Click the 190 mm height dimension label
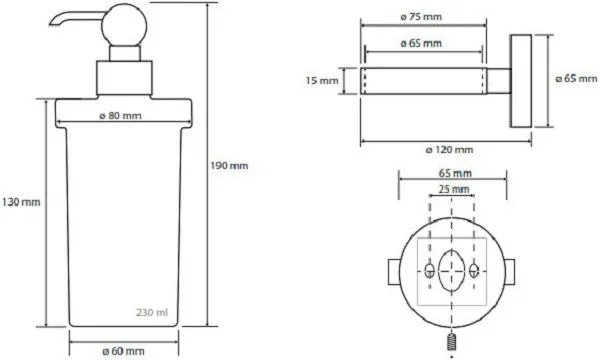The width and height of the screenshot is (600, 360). [229, 166]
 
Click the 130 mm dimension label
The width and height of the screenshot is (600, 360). [21, 202]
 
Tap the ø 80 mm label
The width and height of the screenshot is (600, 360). [120, 116]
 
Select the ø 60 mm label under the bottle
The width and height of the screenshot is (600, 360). [124, 351]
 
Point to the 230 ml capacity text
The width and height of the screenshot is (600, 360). [152, 313]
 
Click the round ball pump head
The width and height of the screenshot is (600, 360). [124, 25]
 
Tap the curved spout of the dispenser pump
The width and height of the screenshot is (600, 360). [76, 20]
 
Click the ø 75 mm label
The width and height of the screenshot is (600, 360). [421, 17]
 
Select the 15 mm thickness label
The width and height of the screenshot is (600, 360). [322, 81]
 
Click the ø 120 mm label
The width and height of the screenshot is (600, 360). [449, 150]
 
